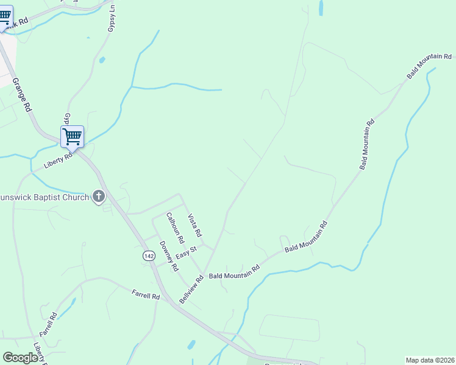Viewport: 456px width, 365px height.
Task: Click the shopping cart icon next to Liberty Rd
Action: (72, 136)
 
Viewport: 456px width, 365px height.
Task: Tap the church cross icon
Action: (98, 196)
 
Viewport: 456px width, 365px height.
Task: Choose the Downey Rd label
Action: (169, 256)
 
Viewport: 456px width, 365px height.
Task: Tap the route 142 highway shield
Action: (149, 256)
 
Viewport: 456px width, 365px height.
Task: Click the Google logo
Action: (20, 358)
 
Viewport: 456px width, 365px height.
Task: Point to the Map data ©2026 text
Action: (430, 360)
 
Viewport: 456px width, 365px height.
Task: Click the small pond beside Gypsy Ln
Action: (101, 60)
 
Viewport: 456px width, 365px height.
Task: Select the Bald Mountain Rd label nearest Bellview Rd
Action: (234, 271)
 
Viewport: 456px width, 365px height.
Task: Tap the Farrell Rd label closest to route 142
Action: (146, 295)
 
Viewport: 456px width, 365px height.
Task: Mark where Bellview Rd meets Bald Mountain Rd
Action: (203, 274)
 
